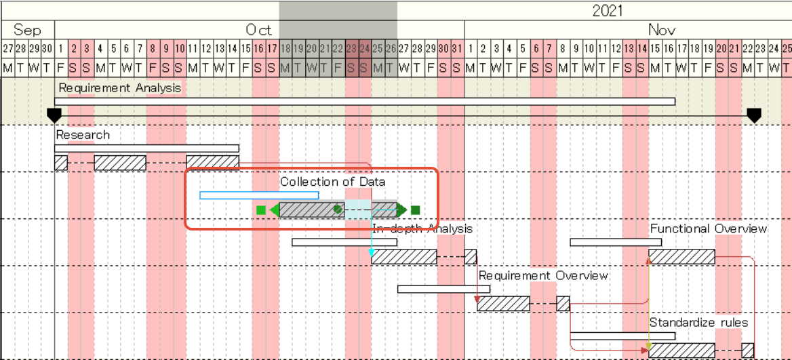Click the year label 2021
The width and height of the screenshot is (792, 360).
pos(607,10)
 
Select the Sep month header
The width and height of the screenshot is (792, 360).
pos(27,30)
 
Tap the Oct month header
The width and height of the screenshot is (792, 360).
pos(258,30)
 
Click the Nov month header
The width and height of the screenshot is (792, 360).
pos(662,30)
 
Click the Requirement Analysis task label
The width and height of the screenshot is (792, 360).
pos(120,87)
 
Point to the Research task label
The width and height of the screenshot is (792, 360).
pos(83,135)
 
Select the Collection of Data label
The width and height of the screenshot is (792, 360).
pos(332,182)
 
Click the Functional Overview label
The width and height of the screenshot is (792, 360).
pos(709,228)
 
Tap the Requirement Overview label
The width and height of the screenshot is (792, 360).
pos(543,276)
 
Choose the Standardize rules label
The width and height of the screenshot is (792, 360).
pos(698,322)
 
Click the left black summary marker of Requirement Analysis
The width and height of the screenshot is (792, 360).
pos(54,115)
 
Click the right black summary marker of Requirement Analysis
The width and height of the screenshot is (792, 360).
pos(754,115)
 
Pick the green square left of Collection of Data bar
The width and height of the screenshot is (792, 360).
pos(261,210)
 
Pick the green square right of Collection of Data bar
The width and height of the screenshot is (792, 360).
pos(416,210)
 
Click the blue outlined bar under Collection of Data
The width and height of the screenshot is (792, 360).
pos(258,195)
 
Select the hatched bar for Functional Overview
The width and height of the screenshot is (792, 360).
pos(681,257)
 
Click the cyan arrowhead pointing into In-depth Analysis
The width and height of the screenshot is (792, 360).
pos(372,253)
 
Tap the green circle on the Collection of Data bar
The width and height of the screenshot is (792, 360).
pos(338,209)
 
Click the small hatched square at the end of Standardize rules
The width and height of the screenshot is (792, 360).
pos(747,351)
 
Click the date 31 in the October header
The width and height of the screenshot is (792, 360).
pos(457,49)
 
